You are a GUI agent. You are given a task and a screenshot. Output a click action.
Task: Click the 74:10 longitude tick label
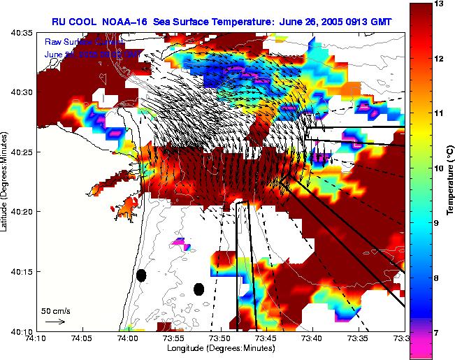36,338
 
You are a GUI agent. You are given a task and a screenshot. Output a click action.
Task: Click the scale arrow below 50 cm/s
55,322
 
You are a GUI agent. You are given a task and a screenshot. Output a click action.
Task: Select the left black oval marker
141,275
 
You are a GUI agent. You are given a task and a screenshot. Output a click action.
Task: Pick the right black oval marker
198,289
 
